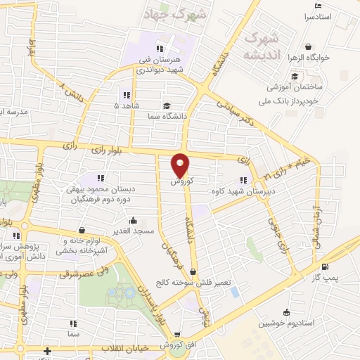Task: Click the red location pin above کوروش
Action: coord(181,165)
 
